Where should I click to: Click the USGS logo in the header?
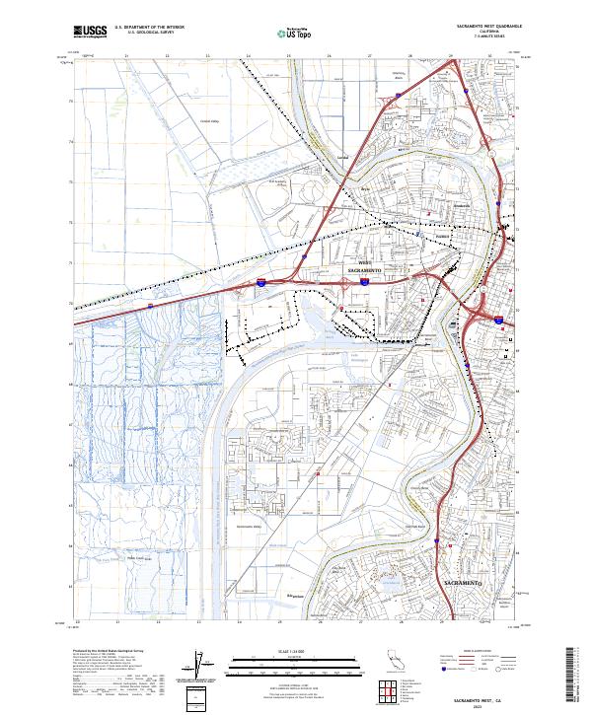pyautogui.click(x=90, y=33)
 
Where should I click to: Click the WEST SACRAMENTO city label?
pyautogui.click(x=364, y=266)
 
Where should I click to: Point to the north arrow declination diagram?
pyautogui.click(x=195, y=665)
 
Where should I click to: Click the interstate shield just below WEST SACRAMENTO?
pyautogui.click(x=363, y=282)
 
